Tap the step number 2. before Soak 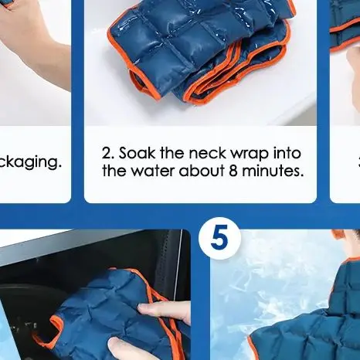pos(109,153)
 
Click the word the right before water pos(117,171)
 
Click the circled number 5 pos(219,239)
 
